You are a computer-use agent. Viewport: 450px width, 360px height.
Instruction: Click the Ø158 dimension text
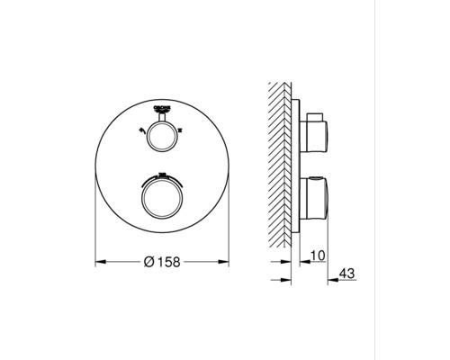164,262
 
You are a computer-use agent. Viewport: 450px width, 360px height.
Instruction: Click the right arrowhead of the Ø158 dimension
227,263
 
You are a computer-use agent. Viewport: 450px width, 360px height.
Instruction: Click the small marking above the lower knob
163,173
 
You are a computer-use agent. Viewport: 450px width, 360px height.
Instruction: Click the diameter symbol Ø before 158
149,262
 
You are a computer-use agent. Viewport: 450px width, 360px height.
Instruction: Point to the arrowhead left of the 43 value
329,279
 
